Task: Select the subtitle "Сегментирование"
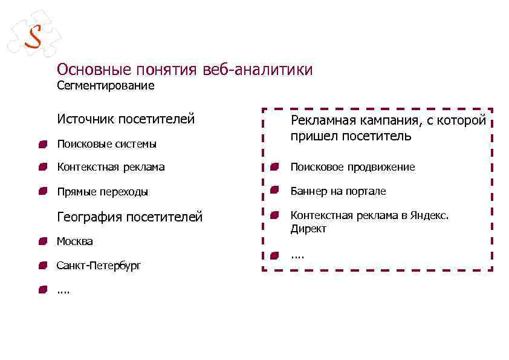click(105, 86)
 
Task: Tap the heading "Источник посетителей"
click(126, 119)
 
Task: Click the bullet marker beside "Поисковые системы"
click(42, 143)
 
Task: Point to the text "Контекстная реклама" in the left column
click(111, 167)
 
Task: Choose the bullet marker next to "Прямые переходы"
click(42, 192)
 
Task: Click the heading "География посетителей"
click(129, 217)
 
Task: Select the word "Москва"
click(75, 241)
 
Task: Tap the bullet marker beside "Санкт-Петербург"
click(42, 266)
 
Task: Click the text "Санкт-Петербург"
click(99, 266)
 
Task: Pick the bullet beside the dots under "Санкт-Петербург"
click(42, 290)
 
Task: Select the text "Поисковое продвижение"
click(352, 167)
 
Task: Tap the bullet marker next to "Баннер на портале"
click(275, 191)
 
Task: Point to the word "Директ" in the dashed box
click(308, 229)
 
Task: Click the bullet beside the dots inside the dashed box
click(275, 255)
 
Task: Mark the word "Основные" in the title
click(94, 70)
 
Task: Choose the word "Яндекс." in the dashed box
click(429, 215)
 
